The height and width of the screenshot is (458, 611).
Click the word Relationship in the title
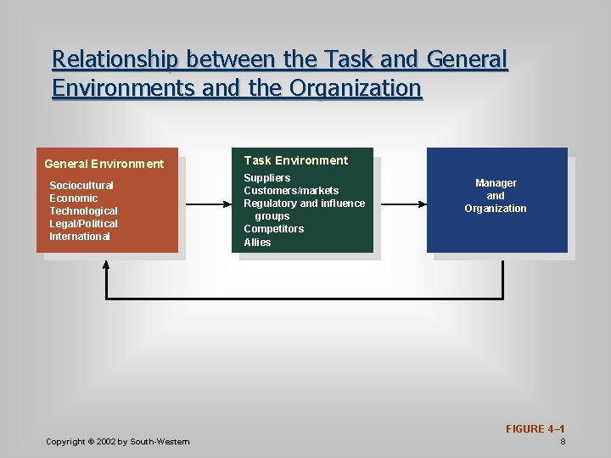[115, 59]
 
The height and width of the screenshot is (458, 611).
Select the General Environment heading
[104, 164]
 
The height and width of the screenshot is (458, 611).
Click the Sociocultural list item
[81, 185]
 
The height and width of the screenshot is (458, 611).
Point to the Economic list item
[74, 198]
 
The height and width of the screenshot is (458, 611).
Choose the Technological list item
[83, 210]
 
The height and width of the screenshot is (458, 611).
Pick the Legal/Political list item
[83, 223]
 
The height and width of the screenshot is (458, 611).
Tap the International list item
[80, 236]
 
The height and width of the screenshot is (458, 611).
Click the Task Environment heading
[296, 160]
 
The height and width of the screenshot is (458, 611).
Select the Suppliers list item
[267, 177]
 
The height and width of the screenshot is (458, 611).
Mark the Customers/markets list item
[291, 190]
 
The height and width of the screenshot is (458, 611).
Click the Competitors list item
[273, 229]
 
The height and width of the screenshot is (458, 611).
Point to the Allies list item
[257, 242]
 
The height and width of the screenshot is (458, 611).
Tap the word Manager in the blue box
[496, 183]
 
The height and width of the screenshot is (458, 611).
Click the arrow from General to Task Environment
[208, 204]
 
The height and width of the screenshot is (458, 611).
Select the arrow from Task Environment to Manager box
[400, 204]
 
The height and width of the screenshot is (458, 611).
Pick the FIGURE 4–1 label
[535, 429]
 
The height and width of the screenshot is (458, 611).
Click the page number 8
[563, 442]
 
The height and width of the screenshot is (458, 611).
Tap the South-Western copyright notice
[118, 441]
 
